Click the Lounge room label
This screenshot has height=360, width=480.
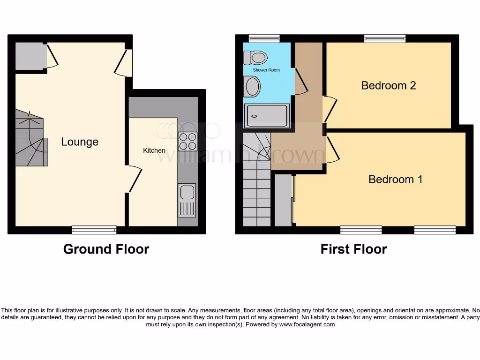pos(80,142)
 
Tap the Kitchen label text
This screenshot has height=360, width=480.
pos(154,150)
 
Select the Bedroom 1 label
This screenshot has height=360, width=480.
pos(396,179)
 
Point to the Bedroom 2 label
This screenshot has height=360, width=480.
pos(389,85)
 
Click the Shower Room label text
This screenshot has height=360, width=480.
pos(266,70)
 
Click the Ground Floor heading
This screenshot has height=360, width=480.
pos(106,249)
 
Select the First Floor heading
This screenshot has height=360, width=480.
pos(354,249)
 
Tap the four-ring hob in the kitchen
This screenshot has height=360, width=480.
pos(188,141)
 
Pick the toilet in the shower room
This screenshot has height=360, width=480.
pos(255,57)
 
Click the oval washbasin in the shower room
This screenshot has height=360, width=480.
pos(253,87)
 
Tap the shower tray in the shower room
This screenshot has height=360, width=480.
pos(266,116)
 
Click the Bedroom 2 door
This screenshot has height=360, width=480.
pos(330,108)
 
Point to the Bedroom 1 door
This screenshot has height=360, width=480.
pos(333,150)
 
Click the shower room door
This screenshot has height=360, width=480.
pos(300,82)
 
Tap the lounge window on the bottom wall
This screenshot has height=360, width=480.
pos(94,229)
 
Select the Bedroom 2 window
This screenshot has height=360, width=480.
pos(385,38)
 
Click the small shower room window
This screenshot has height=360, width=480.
pos(264,38)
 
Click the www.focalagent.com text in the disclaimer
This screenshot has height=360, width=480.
pos(307,324)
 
